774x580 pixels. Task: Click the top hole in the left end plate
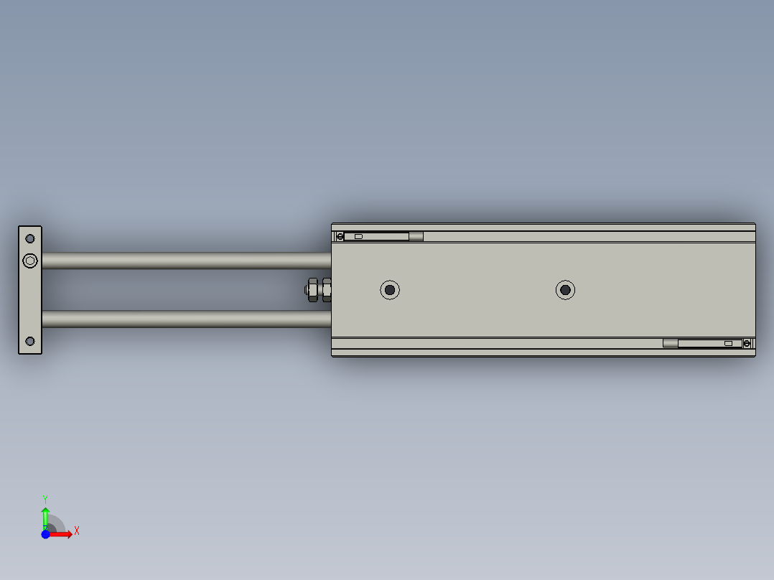click(x=30, y=238)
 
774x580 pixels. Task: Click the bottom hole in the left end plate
click(x=30, y=341)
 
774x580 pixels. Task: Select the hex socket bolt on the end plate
click(x=29, y=261)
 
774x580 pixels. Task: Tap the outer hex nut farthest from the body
click(x=312, y=290)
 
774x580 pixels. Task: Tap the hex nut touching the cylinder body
click(x=327, y=290)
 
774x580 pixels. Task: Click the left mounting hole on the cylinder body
click(x=390, y=290)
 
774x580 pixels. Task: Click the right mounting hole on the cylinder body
click(x=566, y=290)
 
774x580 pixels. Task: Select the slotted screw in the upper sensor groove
click(x=340, y=236)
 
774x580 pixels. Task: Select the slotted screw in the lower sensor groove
click(x=747, y=344)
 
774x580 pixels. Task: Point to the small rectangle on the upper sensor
click(x=359, y=236)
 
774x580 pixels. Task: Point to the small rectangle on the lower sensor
click(x=728, y=344)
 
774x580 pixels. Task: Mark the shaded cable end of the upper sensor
click(x=416, y=236)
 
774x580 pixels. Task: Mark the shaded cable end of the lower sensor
click(x=670, y=344)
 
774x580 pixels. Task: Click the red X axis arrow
click(x=62, y=534)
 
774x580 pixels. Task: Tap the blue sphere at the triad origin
click(x=45, y=534)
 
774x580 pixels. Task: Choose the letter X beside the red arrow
click(x=76, y=531)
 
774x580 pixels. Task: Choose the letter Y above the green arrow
click(x=45, y=498)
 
